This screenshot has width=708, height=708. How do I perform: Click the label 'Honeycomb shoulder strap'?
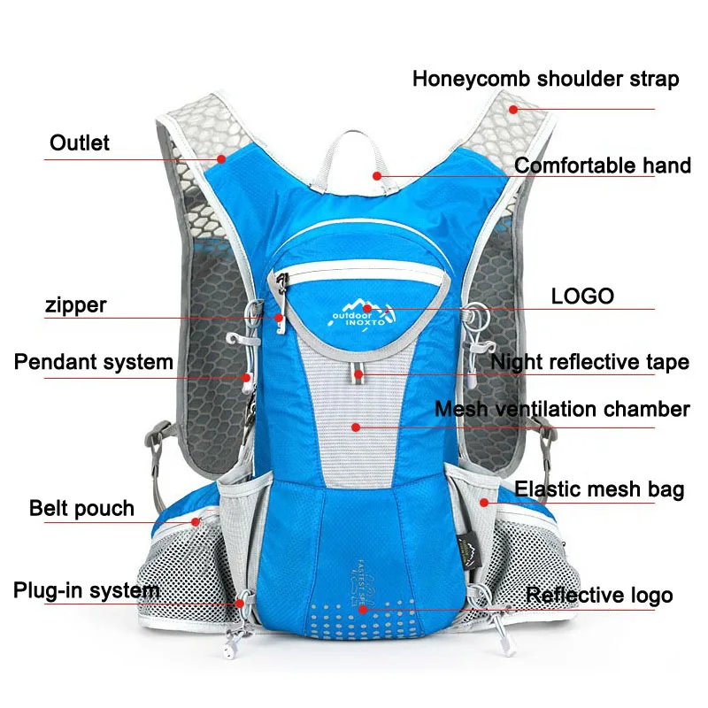pyautogui.click(x=545, y=80)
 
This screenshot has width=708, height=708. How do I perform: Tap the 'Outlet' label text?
pyautogui.click(x=80, y=142)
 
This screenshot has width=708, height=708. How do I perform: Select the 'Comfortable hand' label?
pyautogui.click(x=602, y=165)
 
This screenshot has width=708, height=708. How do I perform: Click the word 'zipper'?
pyautogui.click(x=75, y=305)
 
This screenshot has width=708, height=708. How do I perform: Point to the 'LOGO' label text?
pyautogui.click(x=582, y=296)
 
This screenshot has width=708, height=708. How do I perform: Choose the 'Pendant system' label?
pyautogui.click(x=93, y=362)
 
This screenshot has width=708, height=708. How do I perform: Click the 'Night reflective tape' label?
pyautogui.click(x=589, y=362)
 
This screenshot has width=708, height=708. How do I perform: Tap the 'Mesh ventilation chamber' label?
pyautogui.click(x=561, y=409)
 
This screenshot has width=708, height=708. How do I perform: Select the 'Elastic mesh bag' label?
pyautogui.click(x=599, y=489)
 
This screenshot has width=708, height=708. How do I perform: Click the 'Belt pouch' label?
pyautogui.click(x=81, y=508)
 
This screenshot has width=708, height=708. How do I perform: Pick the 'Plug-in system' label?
pyautogui.click(x=86, y=590)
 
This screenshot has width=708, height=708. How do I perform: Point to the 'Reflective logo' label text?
pyautogui.click(x=599, y=596)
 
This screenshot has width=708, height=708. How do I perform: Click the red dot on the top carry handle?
pyautogui.click(x=377, y=175)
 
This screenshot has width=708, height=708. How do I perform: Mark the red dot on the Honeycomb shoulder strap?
pyautogui.click(x=512, y=109)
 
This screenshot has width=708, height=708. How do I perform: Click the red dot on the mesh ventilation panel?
pyautogui.click(x=355, y=427)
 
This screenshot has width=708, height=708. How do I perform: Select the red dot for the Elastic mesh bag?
pyautogui.click(x=484, y=502)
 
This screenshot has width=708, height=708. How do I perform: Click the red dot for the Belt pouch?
pyautogui.click(x=196, y=522)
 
